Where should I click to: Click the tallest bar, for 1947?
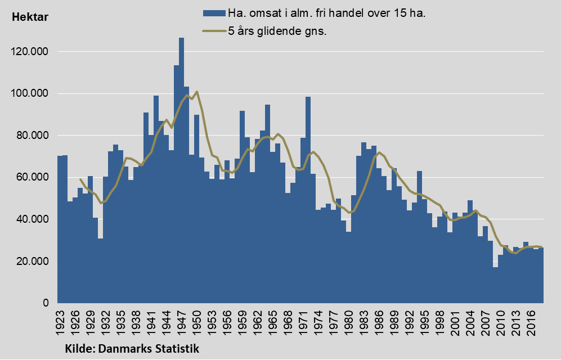click(x=181, y=169)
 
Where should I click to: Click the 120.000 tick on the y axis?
click(x=31, y=52)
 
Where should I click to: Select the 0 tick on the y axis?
click(x=46, y=304)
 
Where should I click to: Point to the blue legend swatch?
click(x=213, y=13)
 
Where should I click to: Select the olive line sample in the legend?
click(x=213, y=31)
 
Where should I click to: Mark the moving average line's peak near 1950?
click(x=196, y=92)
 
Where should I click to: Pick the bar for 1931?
click(x=100, y=271)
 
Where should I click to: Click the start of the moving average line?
click(x=80, y=179)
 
